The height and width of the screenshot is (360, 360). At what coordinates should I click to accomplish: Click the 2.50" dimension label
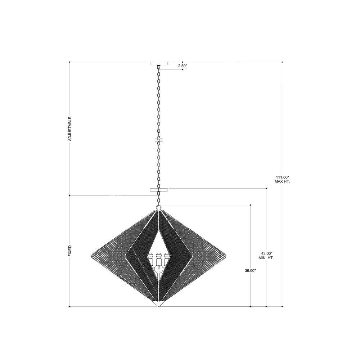pyautogui.click(x=183, y=66)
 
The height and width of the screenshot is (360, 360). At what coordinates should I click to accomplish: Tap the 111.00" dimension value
pyautogui.click(x=282, y=177)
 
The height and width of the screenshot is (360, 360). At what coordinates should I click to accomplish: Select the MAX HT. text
pyautogui.click(x=282, y=181)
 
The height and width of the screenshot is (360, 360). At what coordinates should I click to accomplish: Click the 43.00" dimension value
pyautogui.click(x=266, y=253)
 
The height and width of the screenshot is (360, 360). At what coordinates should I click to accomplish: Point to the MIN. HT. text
pyautogui.click(x=266, y=258)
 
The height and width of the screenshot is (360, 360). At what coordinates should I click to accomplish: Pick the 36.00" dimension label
pyautogui.click(x=250, y=271)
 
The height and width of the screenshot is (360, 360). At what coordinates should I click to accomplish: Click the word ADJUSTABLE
pyautogui.click(x=70, y=129)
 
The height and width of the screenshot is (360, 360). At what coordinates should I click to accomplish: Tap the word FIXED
pyautogui.click(x=70, y=251)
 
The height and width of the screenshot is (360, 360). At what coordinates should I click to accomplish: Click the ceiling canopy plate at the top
pyautogui.click(x=159, y=63)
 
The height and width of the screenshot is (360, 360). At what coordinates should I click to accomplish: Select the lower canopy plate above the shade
pyautogui.click(x=159, y=190)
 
